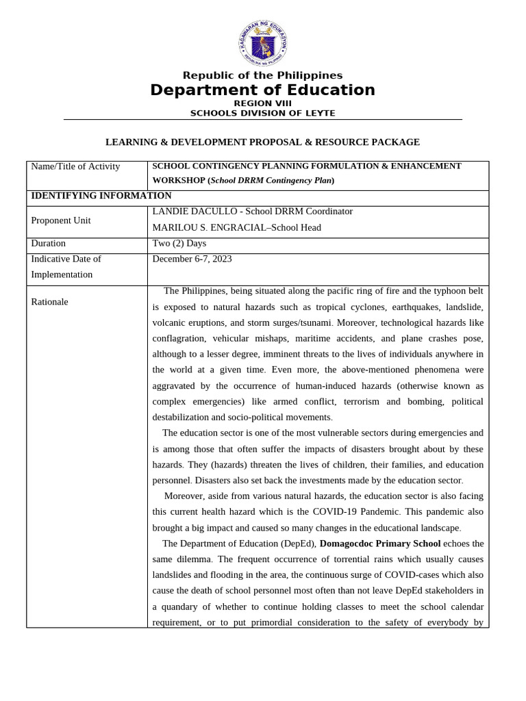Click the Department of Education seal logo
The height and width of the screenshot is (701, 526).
point(263,42)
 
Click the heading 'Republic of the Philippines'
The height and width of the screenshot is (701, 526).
point(263,75)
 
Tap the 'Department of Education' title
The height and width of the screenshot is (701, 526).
point(263,90)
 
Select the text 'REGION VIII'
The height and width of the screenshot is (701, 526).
point(263,103)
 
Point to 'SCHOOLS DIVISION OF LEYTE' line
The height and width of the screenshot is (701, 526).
point(263,113)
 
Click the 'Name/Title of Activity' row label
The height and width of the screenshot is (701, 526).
point(75,166)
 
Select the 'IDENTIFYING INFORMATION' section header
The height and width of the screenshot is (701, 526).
point(101,196)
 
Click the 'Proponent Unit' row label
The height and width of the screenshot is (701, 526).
point(61,220)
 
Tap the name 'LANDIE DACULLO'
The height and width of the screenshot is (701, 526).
point(191,212)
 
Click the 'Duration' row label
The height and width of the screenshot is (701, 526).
point(49,243)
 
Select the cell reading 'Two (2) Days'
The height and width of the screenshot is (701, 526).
point(179,243)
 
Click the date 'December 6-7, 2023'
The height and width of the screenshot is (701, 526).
point(192,259)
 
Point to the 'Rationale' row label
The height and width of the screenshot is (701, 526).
point(50,302)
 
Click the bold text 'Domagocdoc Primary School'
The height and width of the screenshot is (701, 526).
point(380,544)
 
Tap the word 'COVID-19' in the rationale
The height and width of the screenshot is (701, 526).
point(385,512)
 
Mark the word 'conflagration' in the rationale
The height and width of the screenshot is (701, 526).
point(179,338)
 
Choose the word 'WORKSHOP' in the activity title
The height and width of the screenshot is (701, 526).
point(177,181)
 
